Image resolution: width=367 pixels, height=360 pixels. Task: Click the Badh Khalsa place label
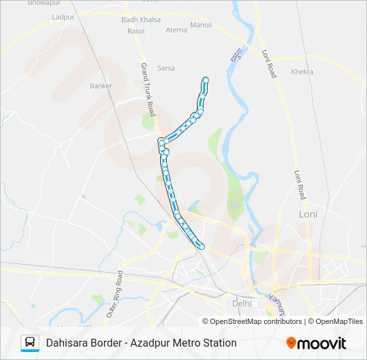141,20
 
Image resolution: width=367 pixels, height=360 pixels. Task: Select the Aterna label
176,31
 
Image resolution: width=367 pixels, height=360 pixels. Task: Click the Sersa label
165,68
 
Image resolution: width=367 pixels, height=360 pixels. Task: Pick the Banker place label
101,86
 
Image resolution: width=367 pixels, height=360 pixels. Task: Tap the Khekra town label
302,72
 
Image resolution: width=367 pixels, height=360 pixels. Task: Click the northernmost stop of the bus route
206,80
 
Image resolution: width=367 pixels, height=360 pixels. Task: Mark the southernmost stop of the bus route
202,248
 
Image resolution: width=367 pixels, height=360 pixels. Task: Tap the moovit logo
316,343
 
